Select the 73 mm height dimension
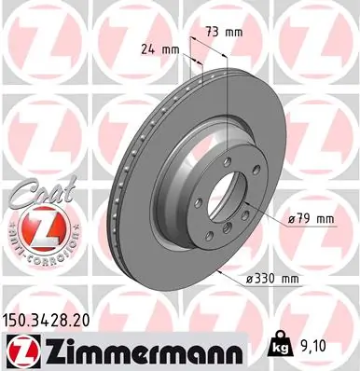coord(225,32)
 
